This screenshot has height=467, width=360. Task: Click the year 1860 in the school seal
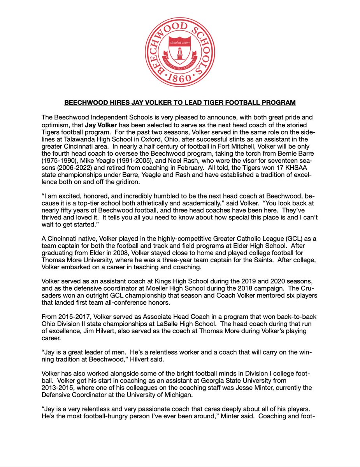click(179, 78)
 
